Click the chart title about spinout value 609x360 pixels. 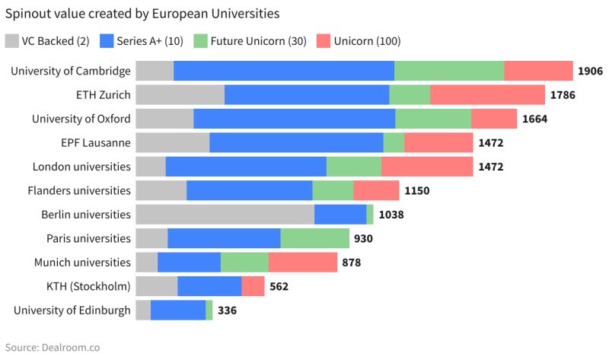(142, 14)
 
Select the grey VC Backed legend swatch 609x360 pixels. (14, 41)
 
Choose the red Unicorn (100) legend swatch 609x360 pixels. (323, 41)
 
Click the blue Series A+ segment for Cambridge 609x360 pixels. (284, 71)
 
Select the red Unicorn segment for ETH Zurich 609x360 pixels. (487, 95)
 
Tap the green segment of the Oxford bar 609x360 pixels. (433, 119)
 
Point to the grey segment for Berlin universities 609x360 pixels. (225, 215)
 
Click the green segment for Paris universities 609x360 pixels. (314, 238)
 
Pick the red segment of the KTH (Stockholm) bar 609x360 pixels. (253, 286)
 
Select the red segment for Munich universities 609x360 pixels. (302, 263)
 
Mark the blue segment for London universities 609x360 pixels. (246, 167)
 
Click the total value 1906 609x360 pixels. (590, 71)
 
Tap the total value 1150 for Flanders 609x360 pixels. (416, 190)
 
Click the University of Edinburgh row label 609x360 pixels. (72, 311)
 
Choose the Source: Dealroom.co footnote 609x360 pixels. (52, 347)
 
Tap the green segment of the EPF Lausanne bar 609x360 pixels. (394, 142)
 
